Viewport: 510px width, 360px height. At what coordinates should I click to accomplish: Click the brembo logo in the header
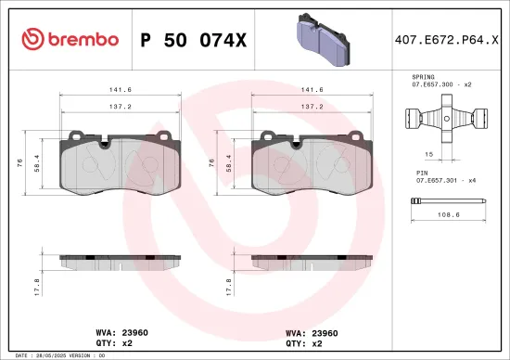tap(70, 39)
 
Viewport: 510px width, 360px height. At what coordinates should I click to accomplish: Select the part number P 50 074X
tap(193, 39)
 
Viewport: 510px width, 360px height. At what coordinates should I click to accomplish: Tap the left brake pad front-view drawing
tap(116, 167)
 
